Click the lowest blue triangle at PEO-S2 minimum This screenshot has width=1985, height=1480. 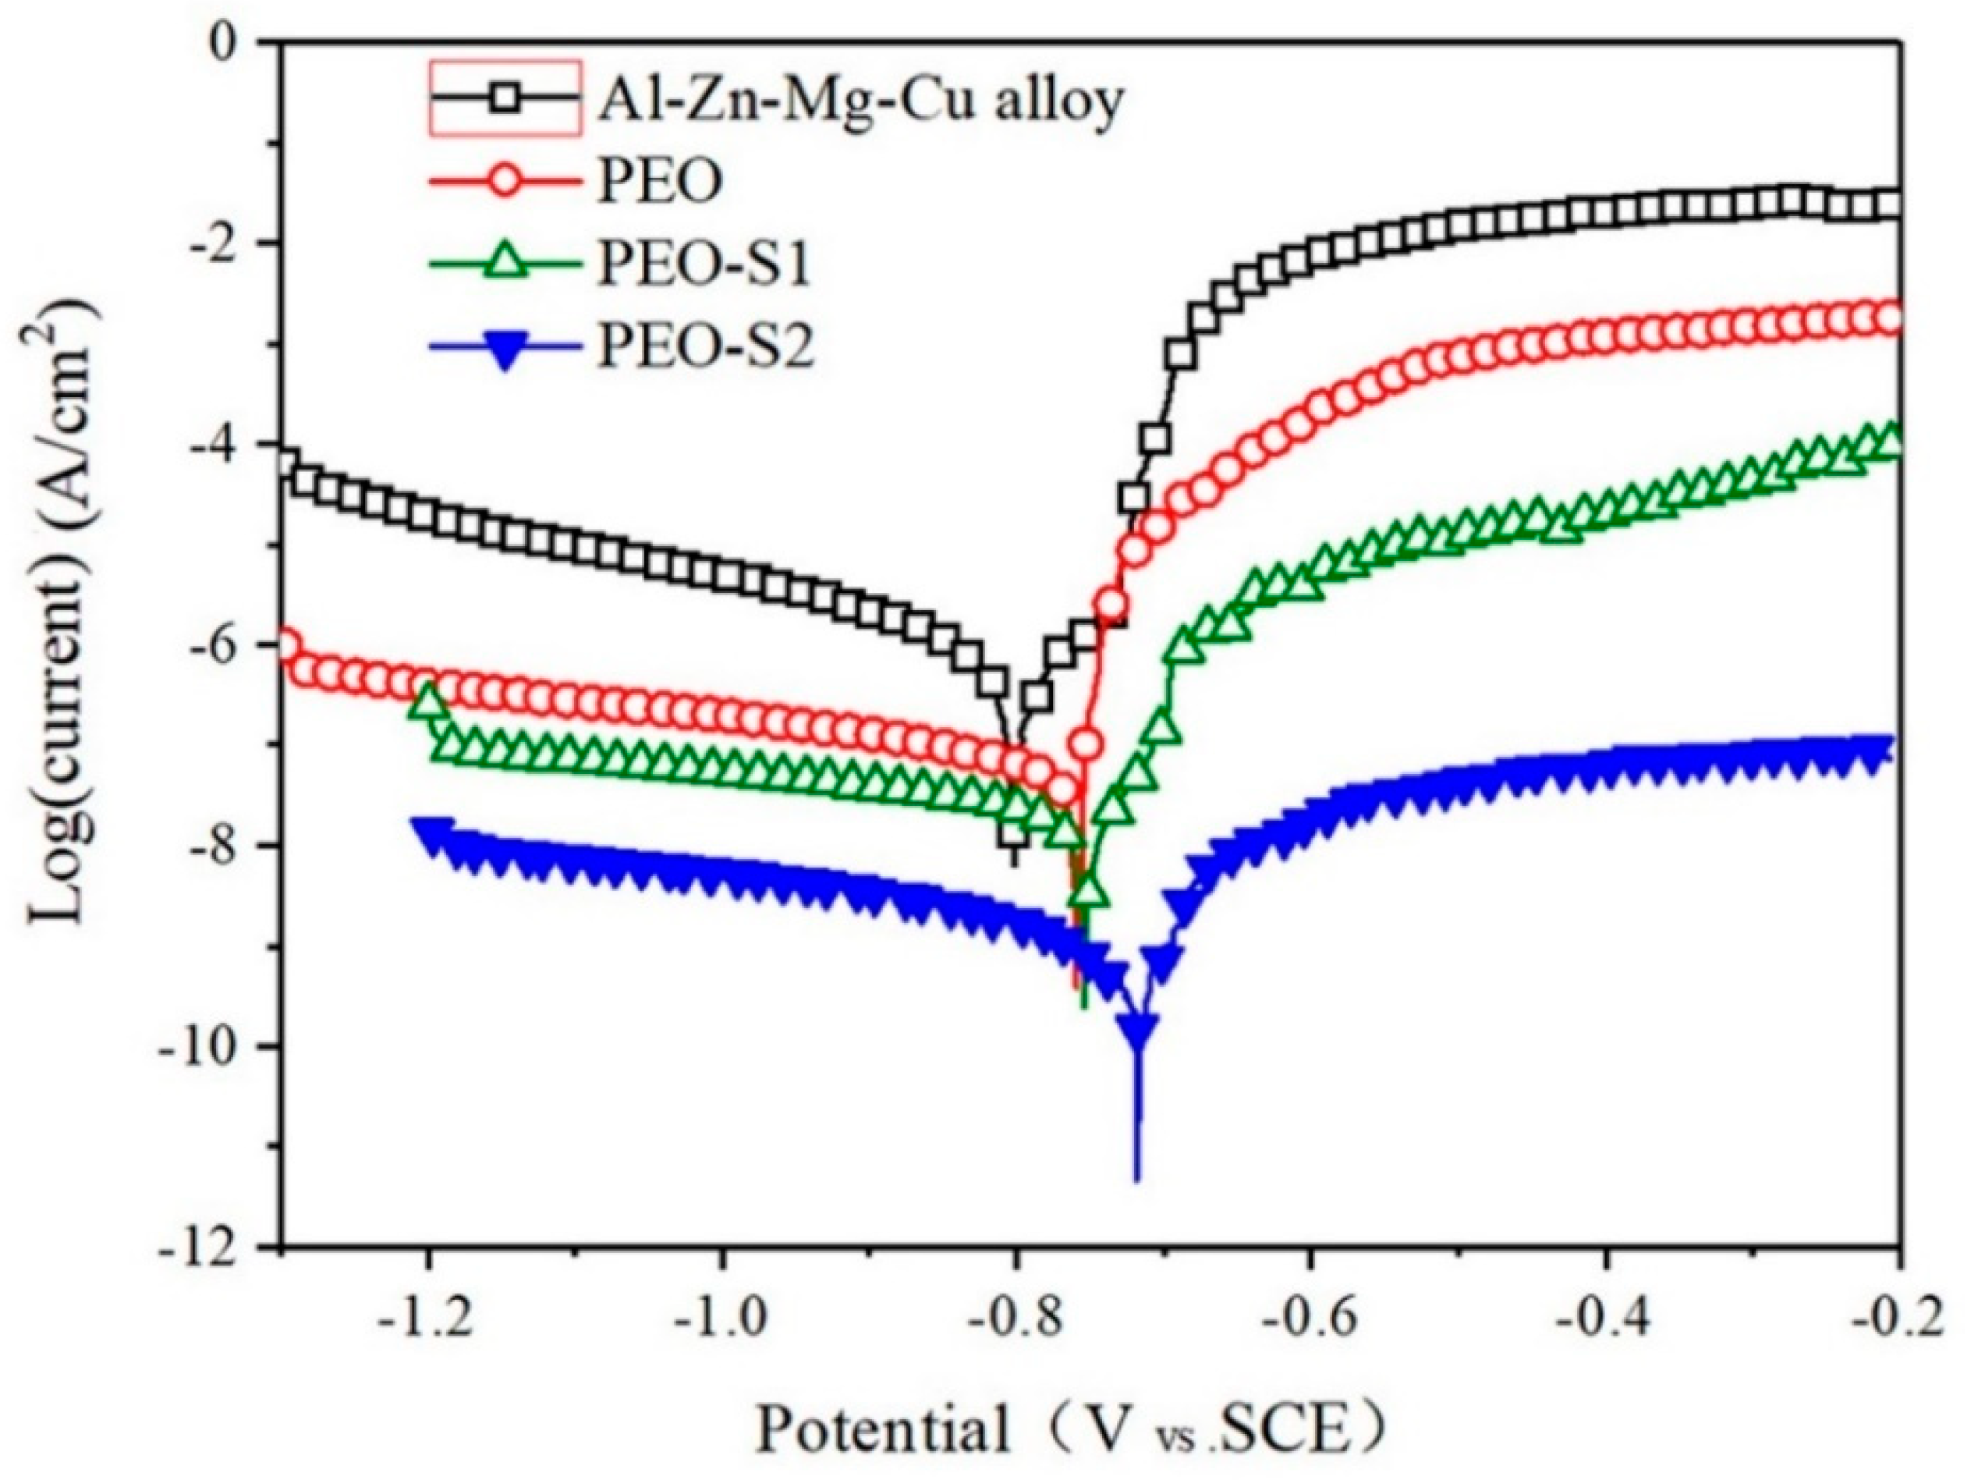point(1139,1028)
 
